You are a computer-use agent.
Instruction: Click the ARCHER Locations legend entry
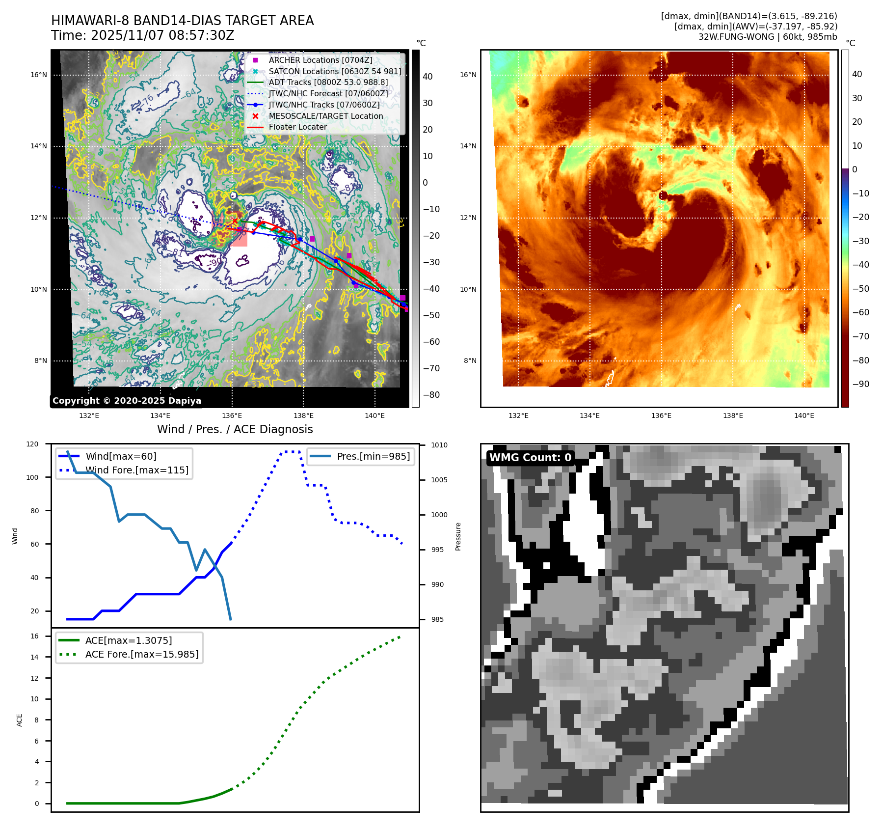320,60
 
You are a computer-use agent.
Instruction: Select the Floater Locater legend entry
297,127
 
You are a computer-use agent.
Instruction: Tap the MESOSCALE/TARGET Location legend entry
325,116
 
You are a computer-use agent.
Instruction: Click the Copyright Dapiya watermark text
127,401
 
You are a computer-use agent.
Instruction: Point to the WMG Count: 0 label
530,458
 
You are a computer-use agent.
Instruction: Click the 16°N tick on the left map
39,75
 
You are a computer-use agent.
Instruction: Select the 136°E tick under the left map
232,415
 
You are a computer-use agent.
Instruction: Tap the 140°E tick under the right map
804,415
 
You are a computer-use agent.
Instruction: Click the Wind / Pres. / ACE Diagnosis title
235,429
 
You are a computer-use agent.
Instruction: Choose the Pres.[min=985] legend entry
373,456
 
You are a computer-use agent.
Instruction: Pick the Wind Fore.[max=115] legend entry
136,470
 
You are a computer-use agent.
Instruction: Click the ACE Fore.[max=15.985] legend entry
141,654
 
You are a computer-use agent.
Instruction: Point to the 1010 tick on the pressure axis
439,445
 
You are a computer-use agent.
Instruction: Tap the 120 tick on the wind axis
32,444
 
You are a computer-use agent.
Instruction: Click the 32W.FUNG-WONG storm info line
768,37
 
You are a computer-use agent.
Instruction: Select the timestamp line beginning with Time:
142,35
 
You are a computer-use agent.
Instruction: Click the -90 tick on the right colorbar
860,384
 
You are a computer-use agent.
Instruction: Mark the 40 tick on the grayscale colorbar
428,77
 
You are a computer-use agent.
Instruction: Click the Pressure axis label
458,536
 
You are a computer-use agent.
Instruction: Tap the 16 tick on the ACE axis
34,636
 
